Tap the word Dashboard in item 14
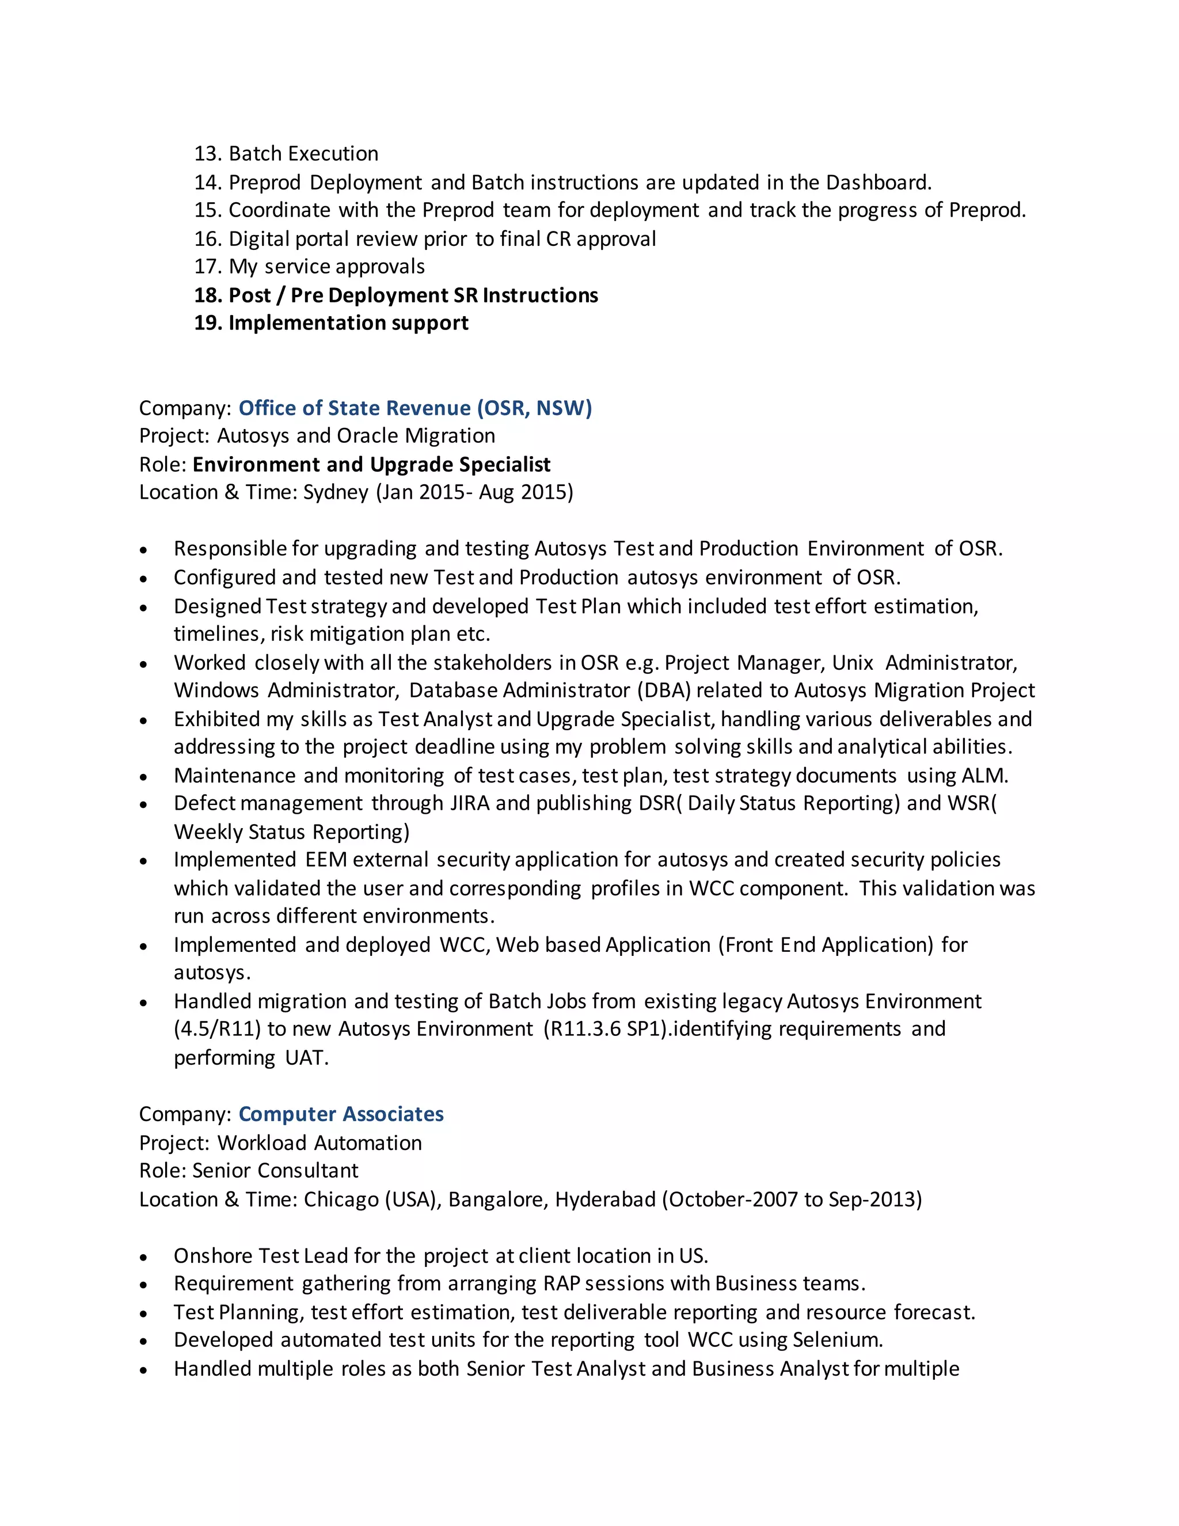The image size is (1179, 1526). point(877,183)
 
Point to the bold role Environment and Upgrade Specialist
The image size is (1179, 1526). point(371,465)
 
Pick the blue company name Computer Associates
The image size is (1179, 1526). point(341,1114)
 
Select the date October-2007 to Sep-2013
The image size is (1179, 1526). point(792,1199)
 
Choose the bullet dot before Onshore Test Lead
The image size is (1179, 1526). point(143,1257)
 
